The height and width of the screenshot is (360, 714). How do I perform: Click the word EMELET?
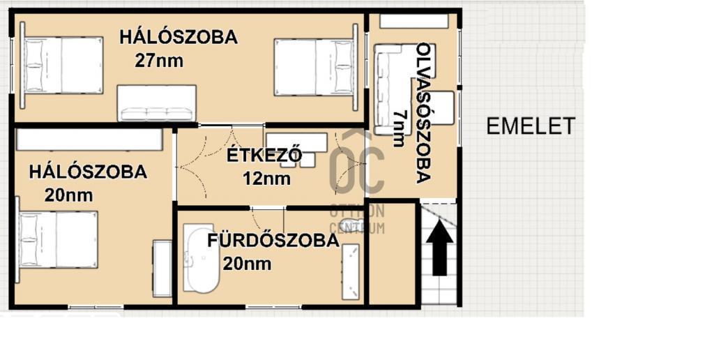tap(531, 127)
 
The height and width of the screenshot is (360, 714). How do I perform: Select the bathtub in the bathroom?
tap(201, 259)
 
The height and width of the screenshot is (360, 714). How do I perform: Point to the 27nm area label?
tap(159, 61)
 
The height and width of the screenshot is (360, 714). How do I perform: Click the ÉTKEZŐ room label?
tap(264, 155)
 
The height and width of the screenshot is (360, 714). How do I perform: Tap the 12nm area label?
tap(266, 179)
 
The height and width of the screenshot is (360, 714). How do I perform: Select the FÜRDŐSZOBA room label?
tap(273, 241)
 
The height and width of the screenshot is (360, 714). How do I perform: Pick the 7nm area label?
tap(399, 128)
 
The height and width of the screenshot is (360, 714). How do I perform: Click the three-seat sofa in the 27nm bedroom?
tap(157, 103)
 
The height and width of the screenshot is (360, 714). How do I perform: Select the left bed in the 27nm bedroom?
tap(61, 66)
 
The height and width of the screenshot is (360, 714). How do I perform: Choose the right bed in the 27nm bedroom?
tap(316, 68)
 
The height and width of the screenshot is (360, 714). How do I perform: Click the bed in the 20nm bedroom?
tap(57, 239)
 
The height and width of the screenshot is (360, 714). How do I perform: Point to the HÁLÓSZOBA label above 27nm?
tap(178, 38)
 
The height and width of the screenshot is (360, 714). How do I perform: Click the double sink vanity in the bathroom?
tap(350, 271)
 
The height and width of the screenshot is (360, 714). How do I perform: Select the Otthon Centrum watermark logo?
tap(357, 182)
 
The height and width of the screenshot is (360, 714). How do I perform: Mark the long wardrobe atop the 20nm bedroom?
tap(89, 140)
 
